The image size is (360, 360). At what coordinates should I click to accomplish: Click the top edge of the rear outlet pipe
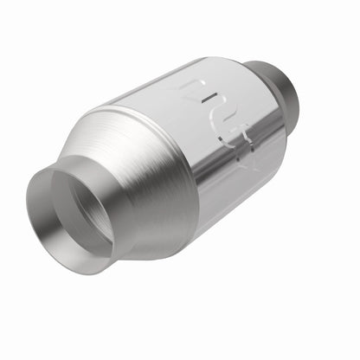[264, 64]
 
